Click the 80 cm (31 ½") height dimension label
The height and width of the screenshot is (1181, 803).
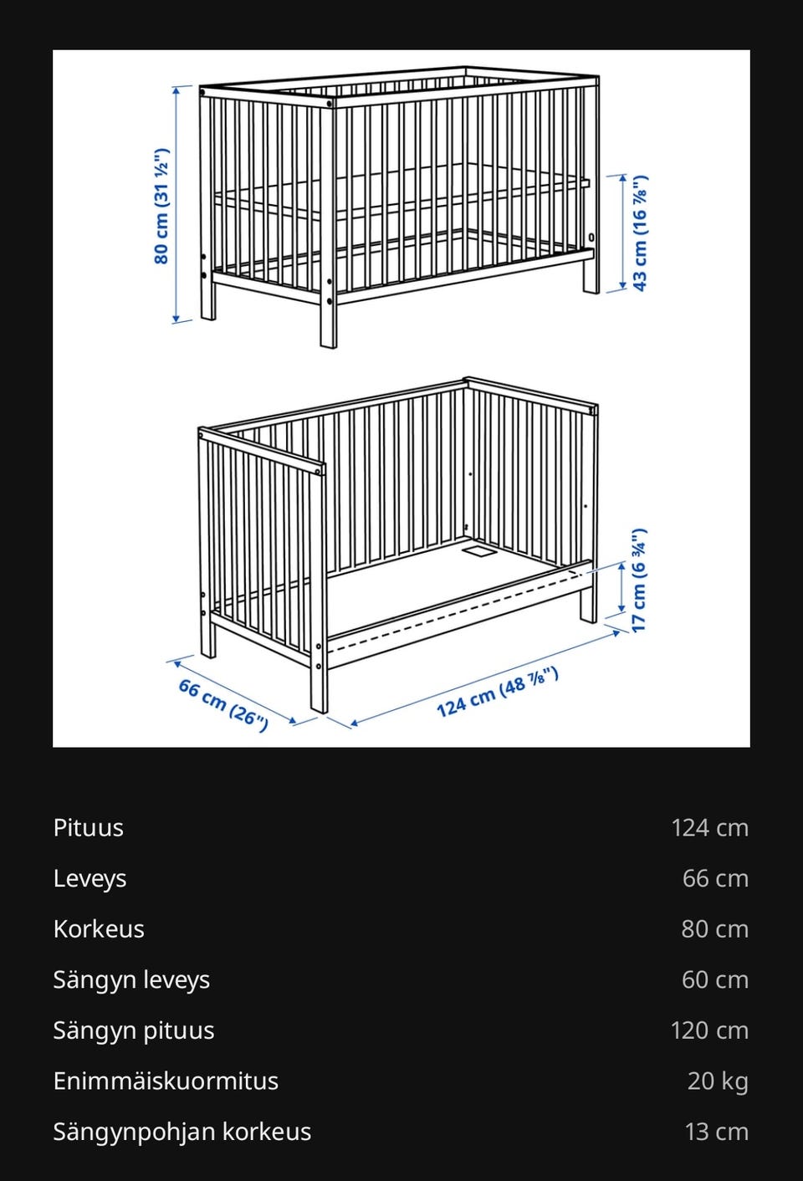pyautogui.click(x=161, y=206)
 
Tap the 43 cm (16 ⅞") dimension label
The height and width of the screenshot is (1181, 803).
pyautogui.click(x=640, y=233)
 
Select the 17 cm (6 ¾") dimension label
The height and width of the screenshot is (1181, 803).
pyautogui.click(x=638, y=580)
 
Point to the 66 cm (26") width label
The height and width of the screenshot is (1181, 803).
pyautogui.click(x=223, y=705)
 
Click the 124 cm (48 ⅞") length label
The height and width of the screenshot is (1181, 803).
pyautogui.click(x=498, y=691)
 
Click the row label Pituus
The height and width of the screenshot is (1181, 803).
pyautogui.click(x=88, y=828)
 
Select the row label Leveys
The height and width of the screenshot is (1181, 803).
pyautogui.click(x=90, y=878)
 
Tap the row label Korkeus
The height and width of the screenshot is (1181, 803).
pyautogui.click(x=99, y=929)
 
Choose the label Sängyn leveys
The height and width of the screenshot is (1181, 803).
pyautogui.click(x=131, y=979)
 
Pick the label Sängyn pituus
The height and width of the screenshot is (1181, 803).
pyautogui.click(x=134, y=1030)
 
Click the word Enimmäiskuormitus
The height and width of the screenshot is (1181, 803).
pyautogui.click(x=166, y=1081)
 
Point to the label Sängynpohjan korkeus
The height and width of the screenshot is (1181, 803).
pyautogui.click(x=182, y=1132)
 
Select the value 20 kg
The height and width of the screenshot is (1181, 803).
pyautogui.click(x=719, y=1081)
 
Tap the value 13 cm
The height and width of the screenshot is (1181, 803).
pyautogui.click(x=717, y=1132)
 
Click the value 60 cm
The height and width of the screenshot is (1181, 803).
pyautogui.click(x=715, y=980)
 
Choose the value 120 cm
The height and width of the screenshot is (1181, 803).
pyautogui.click(x=709, y=1030)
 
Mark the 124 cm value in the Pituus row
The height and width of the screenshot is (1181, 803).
pyautogui.click(x=709, y=828)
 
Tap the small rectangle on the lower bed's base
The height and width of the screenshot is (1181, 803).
pyautogui.click(x=478, y=552)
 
